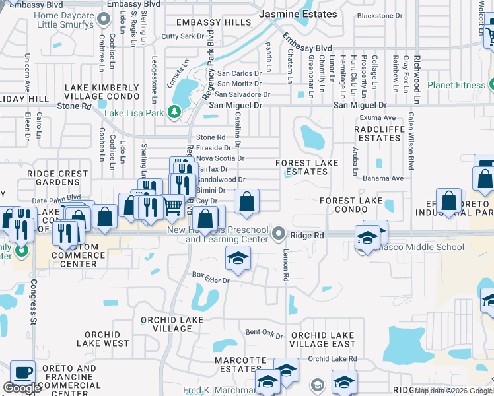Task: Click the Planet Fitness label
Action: tap(456, 85)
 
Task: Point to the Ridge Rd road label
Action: tap(307, 235)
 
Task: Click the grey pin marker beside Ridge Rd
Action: tap(280, 234)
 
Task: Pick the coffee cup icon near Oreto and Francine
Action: tap(22, 372)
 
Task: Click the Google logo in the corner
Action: tap(22, 388)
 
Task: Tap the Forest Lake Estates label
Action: tap(306, 167)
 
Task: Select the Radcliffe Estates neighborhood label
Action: tap(377, 133)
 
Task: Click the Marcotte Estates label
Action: tap(240, 364)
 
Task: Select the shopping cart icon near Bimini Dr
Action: tap(173, 206)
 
